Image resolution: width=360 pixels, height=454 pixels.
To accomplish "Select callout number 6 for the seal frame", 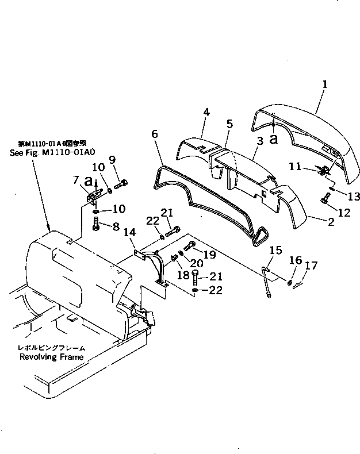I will [155, 133].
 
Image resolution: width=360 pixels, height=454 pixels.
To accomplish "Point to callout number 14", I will [129, 232].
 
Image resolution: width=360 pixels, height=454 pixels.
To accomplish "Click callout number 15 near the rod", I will [277, 251].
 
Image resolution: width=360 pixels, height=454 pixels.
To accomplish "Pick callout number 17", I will [311, 266].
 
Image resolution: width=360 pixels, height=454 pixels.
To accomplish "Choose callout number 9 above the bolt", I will [112, 159].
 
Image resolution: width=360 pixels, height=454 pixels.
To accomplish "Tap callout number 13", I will [353, 197].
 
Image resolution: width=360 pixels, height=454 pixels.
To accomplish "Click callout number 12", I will [344, 213].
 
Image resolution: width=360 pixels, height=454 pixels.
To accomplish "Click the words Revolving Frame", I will [51, 357].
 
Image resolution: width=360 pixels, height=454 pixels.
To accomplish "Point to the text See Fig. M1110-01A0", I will [52, 152].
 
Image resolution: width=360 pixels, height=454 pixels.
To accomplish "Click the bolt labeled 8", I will [96, 225].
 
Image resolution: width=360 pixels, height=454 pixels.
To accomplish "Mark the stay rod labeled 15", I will [268, 282].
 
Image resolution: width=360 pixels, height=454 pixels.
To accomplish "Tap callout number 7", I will [76, 180].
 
